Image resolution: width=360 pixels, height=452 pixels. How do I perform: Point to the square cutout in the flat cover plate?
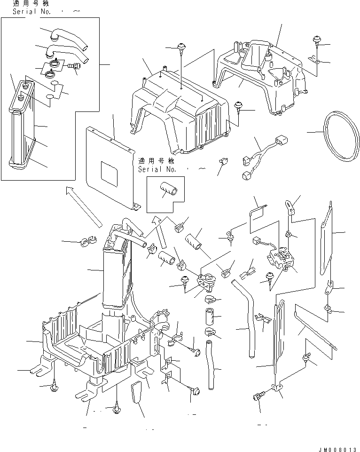(109, 174)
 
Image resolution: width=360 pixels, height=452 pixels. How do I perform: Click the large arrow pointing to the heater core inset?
(84, 207)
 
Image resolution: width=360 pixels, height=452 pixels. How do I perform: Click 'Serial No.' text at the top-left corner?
(31, 12)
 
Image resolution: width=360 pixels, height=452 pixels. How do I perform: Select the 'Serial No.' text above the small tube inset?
(157, 169)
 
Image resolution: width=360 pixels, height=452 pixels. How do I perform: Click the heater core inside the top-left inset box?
(22, 124)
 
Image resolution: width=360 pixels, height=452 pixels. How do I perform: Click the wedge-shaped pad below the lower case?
(137, 391)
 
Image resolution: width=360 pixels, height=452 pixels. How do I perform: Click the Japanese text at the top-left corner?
(31, 3)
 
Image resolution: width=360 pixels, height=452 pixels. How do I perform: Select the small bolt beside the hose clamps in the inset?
(74, 66)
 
